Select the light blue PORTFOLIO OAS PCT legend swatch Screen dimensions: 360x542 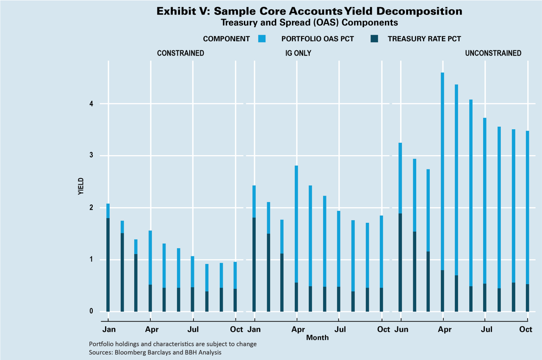click(261, 39)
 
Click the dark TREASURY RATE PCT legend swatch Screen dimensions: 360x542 click(374, 39)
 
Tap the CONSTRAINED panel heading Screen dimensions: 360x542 click(180, 53)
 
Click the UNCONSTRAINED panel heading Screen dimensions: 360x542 click(493, 53)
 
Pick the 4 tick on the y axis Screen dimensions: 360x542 click(91, 104)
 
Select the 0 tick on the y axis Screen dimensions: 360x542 click(91, 312)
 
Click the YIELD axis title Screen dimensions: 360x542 click(81, 186)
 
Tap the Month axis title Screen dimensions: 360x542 click(317, 338)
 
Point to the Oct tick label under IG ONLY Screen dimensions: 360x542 click(384, 329)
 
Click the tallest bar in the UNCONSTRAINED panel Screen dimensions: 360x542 click(442, 191)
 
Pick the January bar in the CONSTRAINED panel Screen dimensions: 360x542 click(108, 258)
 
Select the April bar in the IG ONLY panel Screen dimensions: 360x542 click(296, 237)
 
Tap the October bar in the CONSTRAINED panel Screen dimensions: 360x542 click(235, 288)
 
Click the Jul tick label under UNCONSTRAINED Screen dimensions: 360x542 click(486, 329)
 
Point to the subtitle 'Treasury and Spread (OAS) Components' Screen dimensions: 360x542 click(309, 22)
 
